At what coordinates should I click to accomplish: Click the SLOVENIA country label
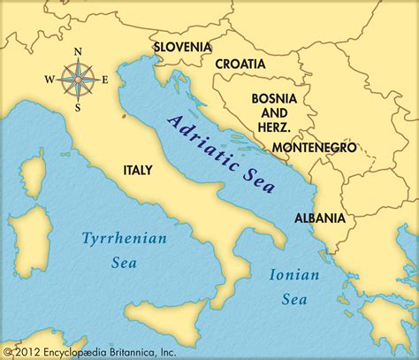(182, 46)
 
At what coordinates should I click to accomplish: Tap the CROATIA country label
(239, 64)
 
